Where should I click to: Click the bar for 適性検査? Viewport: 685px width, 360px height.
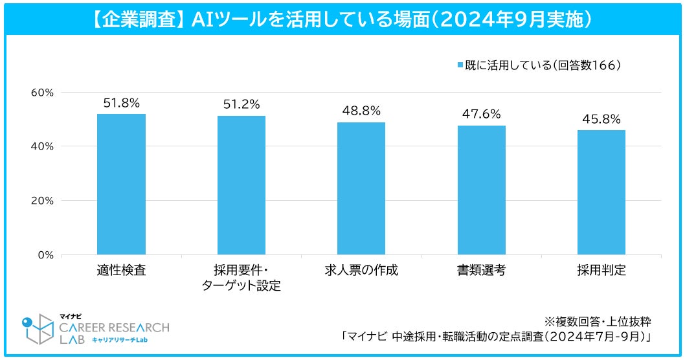pos(121,184)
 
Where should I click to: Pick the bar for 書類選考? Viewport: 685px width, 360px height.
pos(481,190)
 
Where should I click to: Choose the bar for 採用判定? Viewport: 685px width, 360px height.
pos(601,192)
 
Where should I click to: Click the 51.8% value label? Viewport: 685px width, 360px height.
pos(121,102)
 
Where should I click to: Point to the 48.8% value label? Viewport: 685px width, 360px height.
pos(361,111)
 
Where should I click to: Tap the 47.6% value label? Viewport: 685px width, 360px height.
pos(481,114)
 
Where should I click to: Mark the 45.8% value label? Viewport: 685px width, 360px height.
pos(601,119)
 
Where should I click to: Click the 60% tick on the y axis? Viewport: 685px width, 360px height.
pos(43,92)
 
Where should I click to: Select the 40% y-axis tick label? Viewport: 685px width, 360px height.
pos(43,146)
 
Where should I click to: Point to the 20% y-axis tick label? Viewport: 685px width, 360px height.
pos(43,201)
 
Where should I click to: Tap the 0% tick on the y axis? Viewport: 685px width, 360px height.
pos(46,255)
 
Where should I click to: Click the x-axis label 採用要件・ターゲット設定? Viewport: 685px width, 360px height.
pos(241,278)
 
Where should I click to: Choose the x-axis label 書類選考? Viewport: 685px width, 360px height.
pos(481,271)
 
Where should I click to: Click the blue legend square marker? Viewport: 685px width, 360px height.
pos(460,65)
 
